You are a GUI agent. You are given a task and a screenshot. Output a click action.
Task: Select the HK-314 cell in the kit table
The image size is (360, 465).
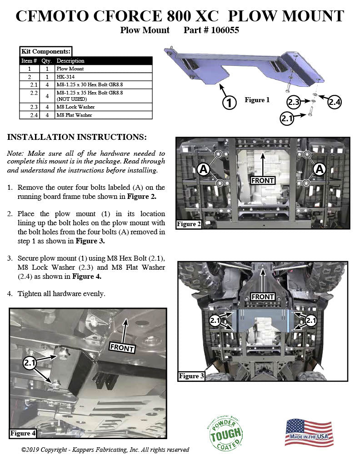pos(65,77)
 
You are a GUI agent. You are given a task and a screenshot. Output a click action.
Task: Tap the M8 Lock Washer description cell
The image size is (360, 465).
pos(75,107)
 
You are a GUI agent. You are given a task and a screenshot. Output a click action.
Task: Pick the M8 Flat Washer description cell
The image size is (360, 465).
pos(74,115)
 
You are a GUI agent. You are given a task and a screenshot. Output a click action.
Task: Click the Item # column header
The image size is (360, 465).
pos(29,60)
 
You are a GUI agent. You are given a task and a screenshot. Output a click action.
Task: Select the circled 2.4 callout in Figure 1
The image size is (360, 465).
pos(334,102)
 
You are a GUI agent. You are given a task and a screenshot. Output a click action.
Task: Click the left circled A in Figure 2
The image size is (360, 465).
pos(203,169)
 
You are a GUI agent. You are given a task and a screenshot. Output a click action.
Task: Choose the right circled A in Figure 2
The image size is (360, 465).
pos(320,169)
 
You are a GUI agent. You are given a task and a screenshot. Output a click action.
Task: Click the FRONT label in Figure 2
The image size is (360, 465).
pos(263,180)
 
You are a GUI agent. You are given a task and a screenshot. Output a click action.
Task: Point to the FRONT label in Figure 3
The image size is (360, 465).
pos(263,297)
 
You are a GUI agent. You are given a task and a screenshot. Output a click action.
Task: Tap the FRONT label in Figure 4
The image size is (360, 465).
pos(122,347)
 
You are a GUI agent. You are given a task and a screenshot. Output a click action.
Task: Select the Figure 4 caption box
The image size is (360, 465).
pos(23,433)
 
